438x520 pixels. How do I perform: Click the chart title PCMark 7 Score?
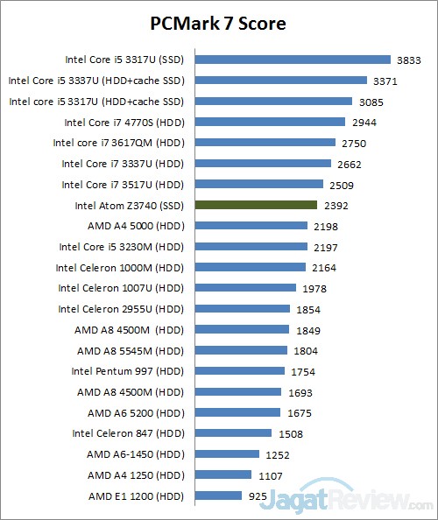[x=218, y=21]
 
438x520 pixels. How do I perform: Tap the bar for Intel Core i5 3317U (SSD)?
[x=293, y=60]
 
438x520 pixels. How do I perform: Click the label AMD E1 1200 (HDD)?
[x=137, y=495]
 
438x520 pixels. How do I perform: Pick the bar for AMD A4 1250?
[x=223, y=474]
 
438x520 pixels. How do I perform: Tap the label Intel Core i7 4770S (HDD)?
[x=124, y=123]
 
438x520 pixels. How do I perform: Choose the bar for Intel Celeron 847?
[x=234, y=432]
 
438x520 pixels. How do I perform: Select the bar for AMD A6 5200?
[x=238, y=412]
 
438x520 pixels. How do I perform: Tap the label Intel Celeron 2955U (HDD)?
[x=122, y=309]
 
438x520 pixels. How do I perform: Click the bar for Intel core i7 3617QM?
[x=265, y=143]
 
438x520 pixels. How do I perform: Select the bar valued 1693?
[x=238, y=391]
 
